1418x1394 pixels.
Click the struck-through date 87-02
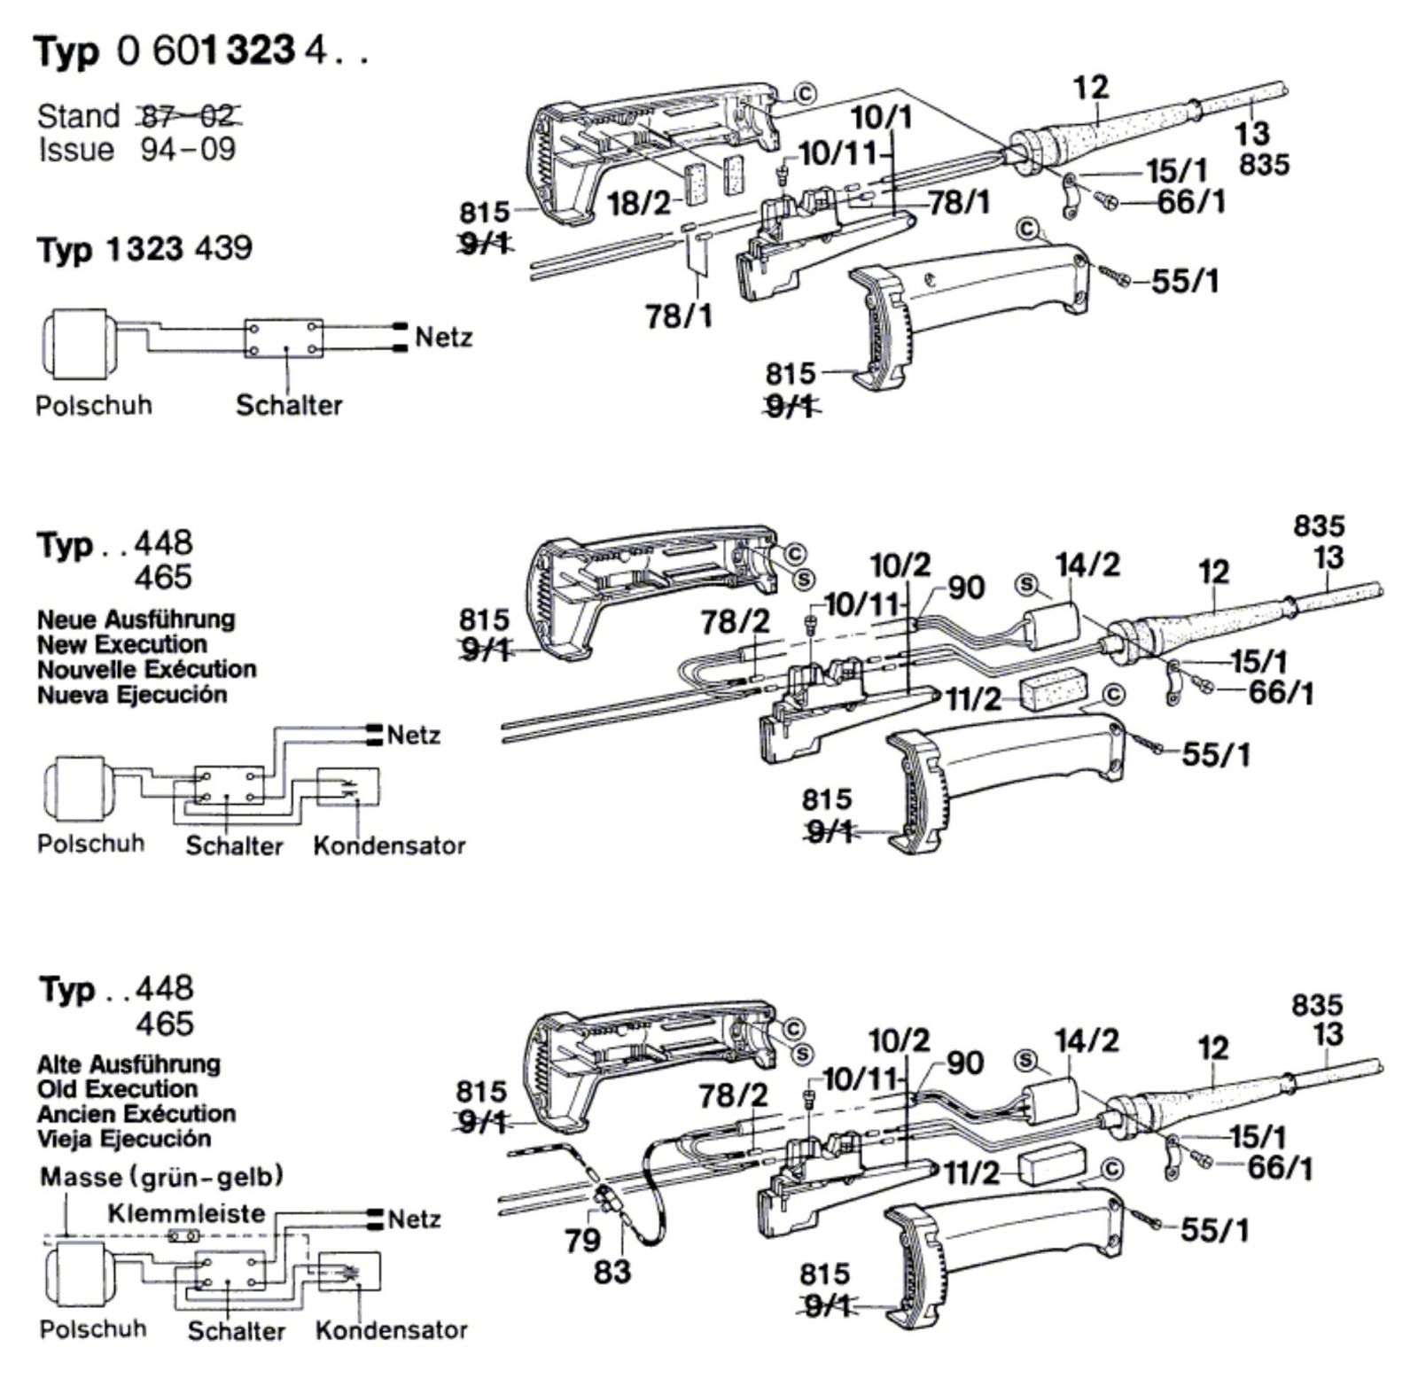(187, 115)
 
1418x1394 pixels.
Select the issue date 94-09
(188, 149)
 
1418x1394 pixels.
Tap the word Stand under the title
(78, 115)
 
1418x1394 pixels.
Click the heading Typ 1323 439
(144, 249)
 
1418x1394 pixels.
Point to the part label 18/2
(639, 204)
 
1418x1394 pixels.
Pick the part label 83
(612, 1272)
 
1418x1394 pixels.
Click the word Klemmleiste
(186, 1212)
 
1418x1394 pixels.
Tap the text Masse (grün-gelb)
(162, 1177)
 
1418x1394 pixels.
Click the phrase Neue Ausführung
(136, 619)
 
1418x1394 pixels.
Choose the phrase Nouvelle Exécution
(146, 669)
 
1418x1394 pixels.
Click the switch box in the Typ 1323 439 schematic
(284, 339)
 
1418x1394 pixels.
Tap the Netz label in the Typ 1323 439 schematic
(443, 338)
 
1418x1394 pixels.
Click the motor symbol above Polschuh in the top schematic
(78, 339)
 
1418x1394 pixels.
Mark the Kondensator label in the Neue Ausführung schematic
(389, 845)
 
